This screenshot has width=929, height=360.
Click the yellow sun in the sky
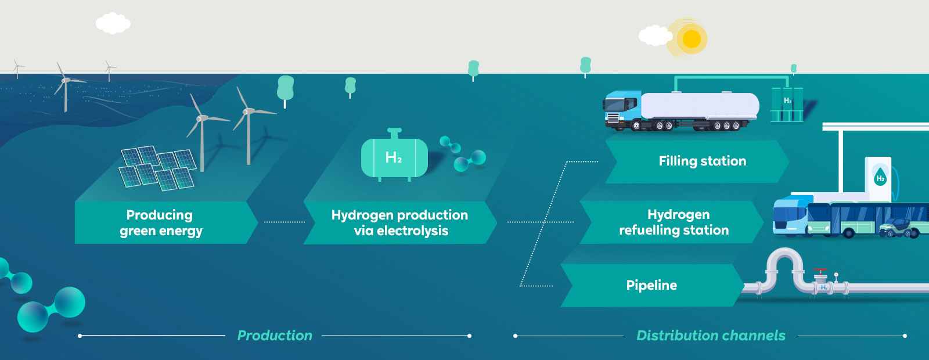[691, 39]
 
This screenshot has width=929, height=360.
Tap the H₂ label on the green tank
[394, 157]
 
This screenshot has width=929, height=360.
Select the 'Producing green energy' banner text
[160, 223]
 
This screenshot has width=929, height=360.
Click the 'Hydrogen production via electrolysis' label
[400, 223]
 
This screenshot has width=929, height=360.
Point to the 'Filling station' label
[702, 161]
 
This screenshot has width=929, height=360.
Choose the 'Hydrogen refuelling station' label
[675, 222]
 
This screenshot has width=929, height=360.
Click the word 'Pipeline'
[651, 285]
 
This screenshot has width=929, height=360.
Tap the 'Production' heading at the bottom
[275, 336]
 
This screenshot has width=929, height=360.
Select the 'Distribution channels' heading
[711, 336]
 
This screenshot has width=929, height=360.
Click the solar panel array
[157, 167]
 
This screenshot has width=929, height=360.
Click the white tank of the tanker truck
[700, 106]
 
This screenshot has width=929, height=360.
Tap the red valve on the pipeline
[820, 271]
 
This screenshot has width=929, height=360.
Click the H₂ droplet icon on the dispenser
[880, 177]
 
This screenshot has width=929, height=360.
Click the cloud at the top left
[113, 24]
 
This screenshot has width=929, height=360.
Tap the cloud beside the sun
[656, 35]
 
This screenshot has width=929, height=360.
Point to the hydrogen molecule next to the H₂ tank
[463, 153]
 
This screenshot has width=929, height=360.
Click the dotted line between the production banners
[284, 222]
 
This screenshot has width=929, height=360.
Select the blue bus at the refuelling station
[793, 217]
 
